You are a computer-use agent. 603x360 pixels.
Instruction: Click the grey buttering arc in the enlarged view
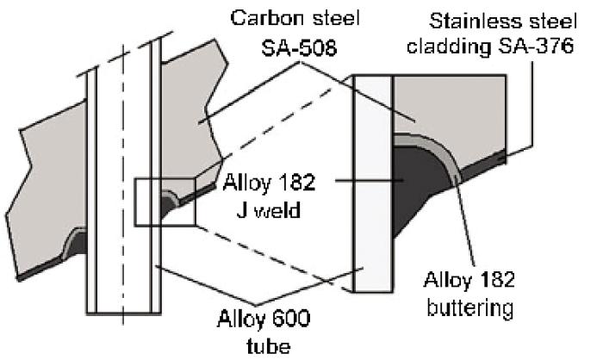(446, 155)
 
